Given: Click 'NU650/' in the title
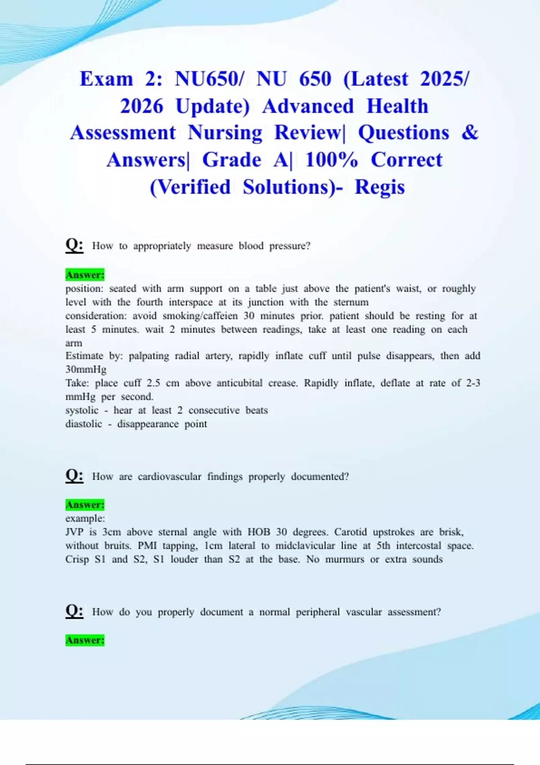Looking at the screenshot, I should [209, 79].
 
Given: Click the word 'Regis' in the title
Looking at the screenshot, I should [380, 187].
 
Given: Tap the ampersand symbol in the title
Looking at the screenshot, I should [470, 133].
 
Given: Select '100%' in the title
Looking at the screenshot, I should [331, 160].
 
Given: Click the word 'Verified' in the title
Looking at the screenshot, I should [190, 187].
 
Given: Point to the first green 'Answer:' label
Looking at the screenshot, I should [85, 274].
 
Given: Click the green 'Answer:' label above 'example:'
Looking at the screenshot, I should [85, 504].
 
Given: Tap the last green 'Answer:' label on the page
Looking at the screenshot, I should [85, 640].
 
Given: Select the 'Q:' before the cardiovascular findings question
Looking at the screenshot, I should [74, 476].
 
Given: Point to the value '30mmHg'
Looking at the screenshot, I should [86, 369].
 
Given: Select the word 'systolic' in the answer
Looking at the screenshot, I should [82, 410].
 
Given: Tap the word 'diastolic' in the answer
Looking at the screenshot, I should [84, 424].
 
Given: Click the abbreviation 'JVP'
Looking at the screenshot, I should [74, 532].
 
